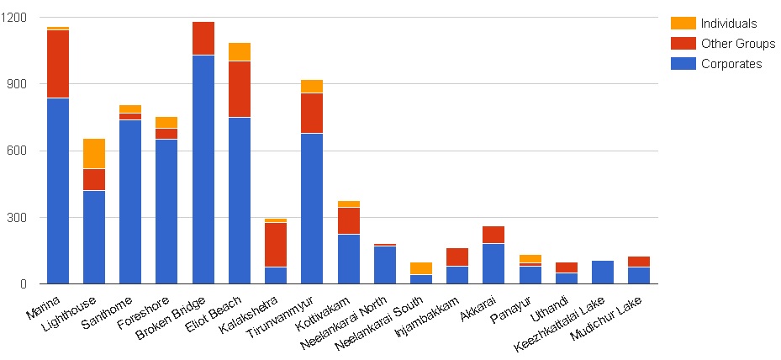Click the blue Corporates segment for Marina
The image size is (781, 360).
pos(58,191)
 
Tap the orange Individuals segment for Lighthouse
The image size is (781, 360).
pos(94,154)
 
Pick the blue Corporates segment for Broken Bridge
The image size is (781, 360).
pos(203,169)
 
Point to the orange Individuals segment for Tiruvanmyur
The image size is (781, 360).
pos(312,86)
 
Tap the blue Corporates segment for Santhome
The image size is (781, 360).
pos(130,202)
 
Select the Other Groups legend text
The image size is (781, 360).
pos(738,44)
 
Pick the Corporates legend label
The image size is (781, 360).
pos(731,64)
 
